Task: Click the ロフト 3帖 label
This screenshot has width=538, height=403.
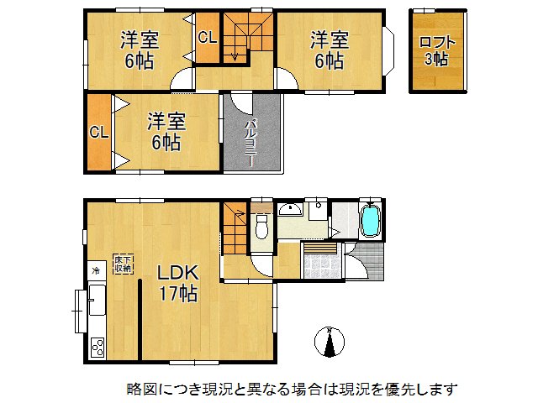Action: (435, 50)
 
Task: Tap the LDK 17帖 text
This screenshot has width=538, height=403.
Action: (178, 283)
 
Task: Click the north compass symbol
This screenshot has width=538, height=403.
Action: (330, 343)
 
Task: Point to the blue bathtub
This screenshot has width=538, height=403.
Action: (370, 222)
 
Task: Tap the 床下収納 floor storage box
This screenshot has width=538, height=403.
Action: (124, 264)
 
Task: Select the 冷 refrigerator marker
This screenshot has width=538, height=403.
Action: (95, 270)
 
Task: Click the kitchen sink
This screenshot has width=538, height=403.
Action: (96, 298)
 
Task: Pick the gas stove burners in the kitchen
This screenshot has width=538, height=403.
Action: (97, 345)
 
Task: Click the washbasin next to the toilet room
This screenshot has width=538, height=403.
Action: (290, 209)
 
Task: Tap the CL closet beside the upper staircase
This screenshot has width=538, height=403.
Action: (206, 38)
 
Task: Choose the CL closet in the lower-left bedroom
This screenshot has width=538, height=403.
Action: (98, 132)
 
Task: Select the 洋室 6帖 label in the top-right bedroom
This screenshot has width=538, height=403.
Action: (329, 49)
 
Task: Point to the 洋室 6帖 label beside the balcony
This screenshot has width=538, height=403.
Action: (165, 131)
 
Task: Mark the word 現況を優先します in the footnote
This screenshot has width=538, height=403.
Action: (404, 389)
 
